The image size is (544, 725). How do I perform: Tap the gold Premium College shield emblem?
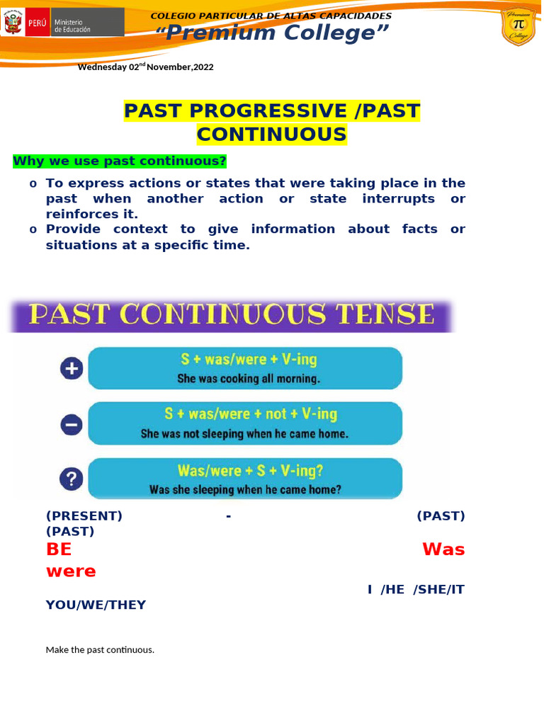[518, 28]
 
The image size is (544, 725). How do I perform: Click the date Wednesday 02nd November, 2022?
[145, 67]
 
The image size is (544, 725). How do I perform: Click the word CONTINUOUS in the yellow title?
[272, 135]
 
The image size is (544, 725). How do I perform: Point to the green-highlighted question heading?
[120, 161]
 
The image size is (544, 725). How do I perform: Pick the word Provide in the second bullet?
[73, 229]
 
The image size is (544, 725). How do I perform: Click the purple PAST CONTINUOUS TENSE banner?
[230, 316]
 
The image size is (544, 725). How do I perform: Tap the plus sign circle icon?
[72, 368]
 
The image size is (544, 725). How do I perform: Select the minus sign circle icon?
[72, 424]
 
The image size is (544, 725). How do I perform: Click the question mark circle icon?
[72, 479]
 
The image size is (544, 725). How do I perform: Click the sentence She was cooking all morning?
[249, 379]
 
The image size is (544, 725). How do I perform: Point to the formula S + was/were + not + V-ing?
[251, 414]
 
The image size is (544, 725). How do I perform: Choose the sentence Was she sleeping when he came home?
[245, 489]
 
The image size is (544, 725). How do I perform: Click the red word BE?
[59, 549]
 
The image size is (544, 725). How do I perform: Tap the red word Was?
[443, 549]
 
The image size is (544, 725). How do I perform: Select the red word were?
[71, 571]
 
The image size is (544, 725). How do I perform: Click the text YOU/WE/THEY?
[96, 605]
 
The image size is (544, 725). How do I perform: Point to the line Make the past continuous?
[100, 649]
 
